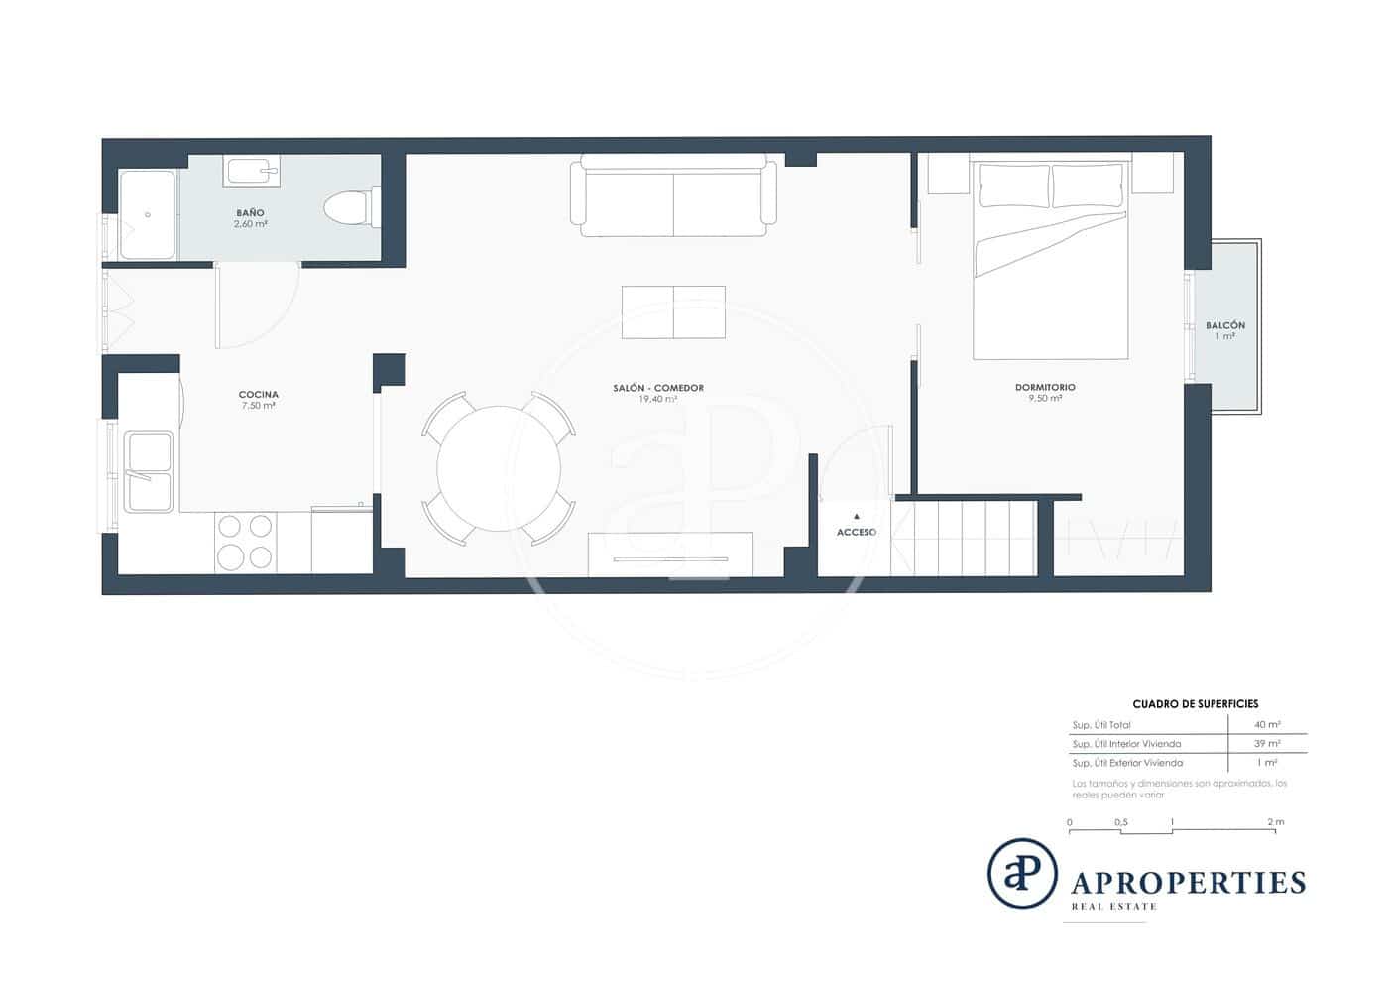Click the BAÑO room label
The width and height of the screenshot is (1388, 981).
point(250,213)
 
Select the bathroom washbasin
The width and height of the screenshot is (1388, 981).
point(251,172)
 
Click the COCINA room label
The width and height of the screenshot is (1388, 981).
point(258,395)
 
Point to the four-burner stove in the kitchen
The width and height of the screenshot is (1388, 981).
point(245,542)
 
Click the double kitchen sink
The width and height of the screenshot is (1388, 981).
point(148,471)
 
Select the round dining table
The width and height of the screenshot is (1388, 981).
point(499,468)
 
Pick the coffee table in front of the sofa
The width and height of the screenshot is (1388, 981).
point(673,311)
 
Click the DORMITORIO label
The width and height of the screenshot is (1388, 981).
point(1045,388)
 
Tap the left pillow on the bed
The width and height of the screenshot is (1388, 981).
point(1014,185)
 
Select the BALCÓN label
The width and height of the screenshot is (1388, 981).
point(1225,325)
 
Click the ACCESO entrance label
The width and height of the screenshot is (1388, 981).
point(856,533)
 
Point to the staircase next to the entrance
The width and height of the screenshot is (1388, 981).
point(964,538)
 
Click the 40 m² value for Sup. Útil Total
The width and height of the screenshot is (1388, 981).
point(1266,725)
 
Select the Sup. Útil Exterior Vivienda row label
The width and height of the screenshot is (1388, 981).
point(1127,763)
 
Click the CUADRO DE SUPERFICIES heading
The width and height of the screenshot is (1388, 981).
point(1195,704)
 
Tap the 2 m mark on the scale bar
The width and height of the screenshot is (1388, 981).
point(1275,822)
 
